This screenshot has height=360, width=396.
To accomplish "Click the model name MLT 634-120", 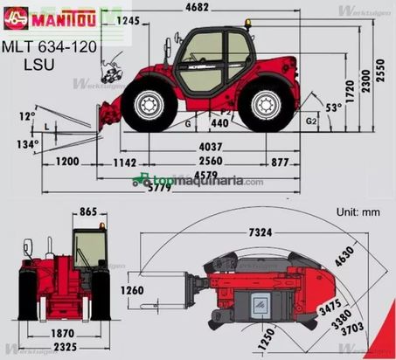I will [x=49, y=45].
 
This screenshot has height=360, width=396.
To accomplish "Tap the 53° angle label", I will [x=334, y=107].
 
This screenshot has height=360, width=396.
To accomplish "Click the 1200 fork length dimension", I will [x=67, y=162].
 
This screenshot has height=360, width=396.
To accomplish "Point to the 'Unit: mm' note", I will [x=359, y=212].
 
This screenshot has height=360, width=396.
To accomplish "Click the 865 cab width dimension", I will [x=88, y=211].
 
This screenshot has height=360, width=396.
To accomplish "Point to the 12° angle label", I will [x=28, y=115].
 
